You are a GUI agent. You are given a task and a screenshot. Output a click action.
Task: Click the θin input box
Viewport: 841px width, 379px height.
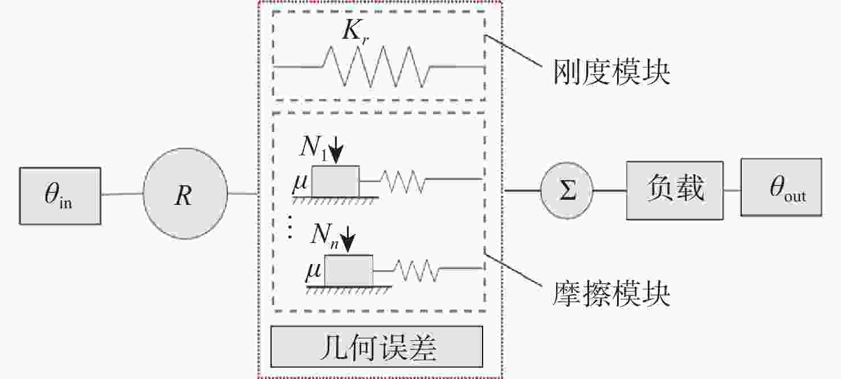click(60, 196)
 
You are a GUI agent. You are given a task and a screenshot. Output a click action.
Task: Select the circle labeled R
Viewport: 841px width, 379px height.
click(185, 193)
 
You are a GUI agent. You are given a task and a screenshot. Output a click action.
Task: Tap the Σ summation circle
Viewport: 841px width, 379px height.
click(566, 191)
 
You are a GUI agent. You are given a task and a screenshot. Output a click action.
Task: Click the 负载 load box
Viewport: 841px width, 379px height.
click(675, 191)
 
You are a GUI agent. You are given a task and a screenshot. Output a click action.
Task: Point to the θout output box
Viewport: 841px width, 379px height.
click(781, 187)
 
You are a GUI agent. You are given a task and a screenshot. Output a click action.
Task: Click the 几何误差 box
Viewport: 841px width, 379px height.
click(377, 347)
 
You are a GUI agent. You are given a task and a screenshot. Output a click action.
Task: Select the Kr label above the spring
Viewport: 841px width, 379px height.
click(356, 31)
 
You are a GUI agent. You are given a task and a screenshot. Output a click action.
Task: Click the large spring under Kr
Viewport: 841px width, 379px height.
click(376, 67)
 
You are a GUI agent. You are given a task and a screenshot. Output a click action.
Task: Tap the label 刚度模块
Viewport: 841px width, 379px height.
click(611, 72)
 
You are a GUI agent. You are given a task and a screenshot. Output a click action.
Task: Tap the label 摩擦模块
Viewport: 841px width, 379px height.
click(611, 294)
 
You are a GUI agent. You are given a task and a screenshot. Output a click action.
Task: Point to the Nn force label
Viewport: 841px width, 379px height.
click(325, 236)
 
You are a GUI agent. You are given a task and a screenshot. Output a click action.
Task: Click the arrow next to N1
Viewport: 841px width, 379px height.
click(336, 150)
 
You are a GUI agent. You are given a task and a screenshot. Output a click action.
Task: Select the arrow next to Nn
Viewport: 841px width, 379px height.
click(348, 239)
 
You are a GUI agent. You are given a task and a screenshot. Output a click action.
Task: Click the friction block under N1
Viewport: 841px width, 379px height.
click(335, 181)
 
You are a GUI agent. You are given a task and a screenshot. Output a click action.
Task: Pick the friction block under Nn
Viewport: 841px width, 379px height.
click(348, 271)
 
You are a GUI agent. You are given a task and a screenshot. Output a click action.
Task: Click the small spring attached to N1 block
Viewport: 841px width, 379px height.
click(402, 182)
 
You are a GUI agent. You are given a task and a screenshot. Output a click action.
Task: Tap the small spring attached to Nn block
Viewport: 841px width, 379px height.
click(415, 270)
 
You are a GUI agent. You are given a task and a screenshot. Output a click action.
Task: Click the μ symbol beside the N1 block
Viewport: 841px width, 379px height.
click(300, 184)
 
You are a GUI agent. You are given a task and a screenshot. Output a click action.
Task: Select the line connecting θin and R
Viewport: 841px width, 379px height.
click(122, 194)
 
